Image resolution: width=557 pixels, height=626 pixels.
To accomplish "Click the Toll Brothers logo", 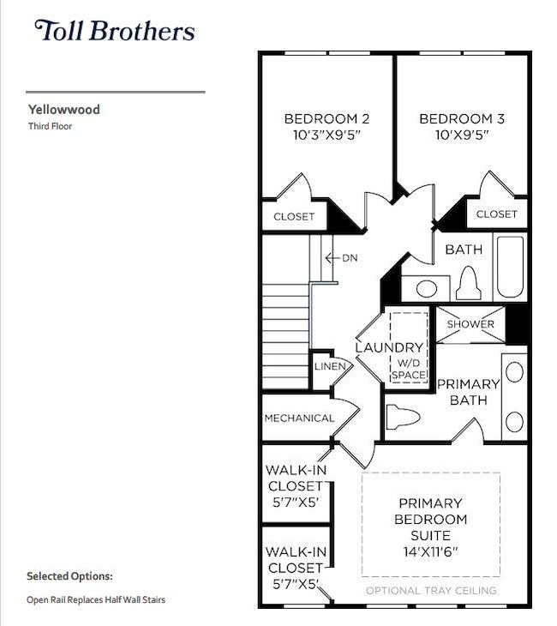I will tap(114, 32).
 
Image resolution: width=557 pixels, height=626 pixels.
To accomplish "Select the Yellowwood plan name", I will tap(63, 110).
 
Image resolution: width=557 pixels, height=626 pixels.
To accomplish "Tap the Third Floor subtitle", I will tap(51, 126).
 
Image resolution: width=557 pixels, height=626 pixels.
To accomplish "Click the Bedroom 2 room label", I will tap(326, 119).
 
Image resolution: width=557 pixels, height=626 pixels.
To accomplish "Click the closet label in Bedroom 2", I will tap(294, 216).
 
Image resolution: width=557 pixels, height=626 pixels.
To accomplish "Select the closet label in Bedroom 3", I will tap(496, 214).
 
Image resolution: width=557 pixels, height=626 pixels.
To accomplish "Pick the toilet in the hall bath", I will tap(467, 283).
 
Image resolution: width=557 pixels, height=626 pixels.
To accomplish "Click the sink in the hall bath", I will tap(426, 288).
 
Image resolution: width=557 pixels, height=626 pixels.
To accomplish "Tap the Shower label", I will tap(470, 324).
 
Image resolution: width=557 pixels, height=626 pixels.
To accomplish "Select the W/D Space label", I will tap(409, 368).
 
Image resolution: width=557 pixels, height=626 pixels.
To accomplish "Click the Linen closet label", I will tap(330, 366).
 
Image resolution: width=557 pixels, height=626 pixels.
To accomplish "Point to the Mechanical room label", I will tap(299, 418).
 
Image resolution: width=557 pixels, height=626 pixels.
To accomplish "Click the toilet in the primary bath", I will tap(404, 418).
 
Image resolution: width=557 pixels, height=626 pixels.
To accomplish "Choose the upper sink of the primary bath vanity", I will tap(514, 372).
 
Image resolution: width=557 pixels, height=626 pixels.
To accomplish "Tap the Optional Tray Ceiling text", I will tap(430, 591).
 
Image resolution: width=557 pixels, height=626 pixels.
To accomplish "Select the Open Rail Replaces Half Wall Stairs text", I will tap(96, 600).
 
